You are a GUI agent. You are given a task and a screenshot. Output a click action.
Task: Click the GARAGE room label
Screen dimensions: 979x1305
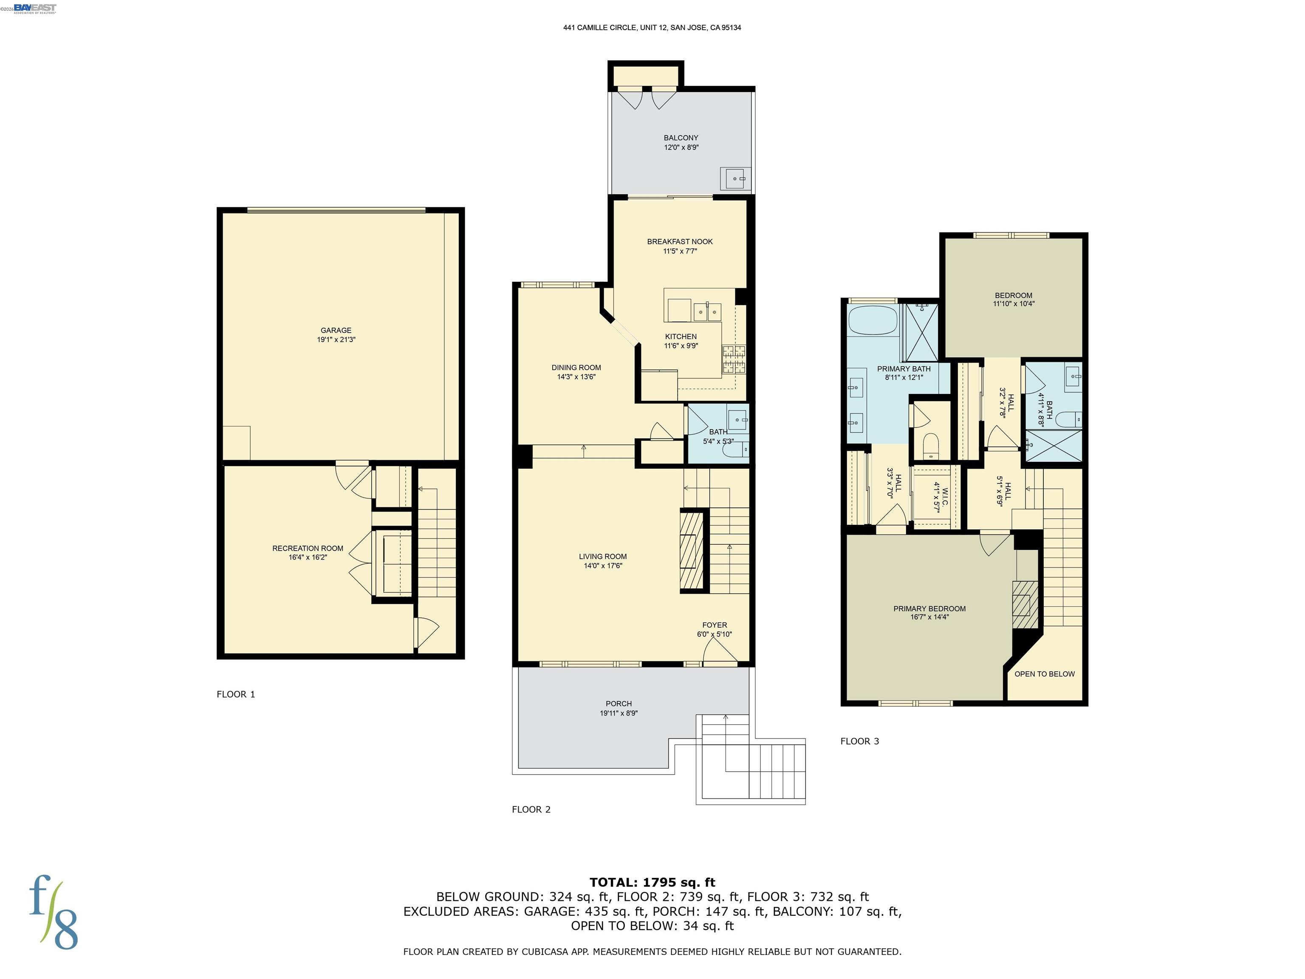[x=336, y=331]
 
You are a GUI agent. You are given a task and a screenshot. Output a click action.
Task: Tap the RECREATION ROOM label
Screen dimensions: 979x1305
[x=308, y=548]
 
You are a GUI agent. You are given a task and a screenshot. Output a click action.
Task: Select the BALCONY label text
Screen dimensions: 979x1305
[x=681, y=138]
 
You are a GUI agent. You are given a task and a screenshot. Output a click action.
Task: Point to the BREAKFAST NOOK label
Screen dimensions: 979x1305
[x=680, y=241]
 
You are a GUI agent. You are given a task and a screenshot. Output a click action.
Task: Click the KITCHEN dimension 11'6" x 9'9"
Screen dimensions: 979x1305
[x=681, y=346]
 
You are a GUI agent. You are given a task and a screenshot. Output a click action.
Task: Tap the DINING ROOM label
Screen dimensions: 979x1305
[x=576, y=368]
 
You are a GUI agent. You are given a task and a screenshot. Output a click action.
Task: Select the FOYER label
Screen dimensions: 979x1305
[x=715, y=625]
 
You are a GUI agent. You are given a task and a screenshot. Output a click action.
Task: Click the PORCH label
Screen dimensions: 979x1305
[x=618, y=703]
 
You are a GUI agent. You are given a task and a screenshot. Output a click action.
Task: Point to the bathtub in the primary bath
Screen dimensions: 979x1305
[x=873, y=323]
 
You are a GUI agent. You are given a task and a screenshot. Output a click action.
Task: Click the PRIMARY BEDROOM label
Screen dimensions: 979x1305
[x=929, y=608]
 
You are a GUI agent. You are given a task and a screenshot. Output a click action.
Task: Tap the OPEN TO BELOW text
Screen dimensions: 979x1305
[x=1044, y=674]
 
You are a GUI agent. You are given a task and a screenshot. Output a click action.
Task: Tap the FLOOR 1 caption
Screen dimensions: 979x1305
[x=235, y=694]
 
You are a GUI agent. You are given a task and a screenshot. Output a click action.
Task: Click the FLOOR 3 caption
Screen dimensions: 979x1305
[x=859, y=741]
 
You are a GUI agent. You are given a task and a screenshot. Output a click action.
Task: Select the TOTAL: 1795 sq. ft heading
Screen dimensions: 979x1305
[x=652, y=882]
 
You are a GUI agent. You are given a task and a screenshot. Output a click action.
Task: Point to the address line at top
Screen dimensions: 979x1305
[x=652, y=28]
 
